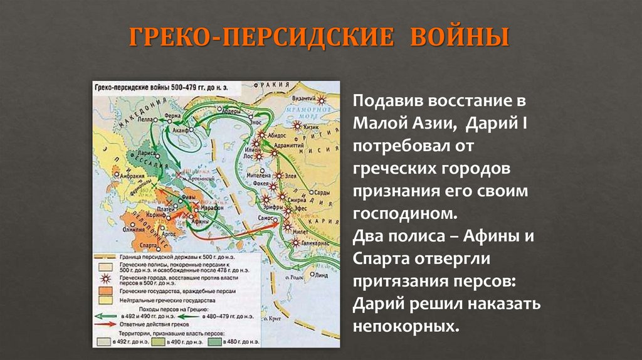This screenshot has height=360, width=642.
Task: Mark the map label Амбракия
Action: (123, 175)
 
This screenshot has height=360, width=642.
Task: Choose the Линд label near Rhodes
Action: (322, 274)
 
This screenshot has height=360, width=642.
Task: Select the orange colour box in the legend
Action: (102, 292)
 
